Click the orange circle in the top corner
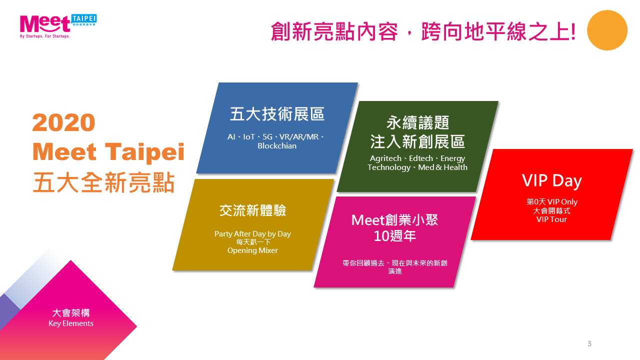(607, 30)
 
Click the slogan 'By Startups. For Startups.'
(45, 36)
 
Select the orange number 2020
(63, 122)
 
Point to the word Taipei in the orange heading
(144, 152)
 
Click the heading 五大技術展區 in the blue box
(277, 114)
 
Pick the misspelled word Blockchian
(277, 145)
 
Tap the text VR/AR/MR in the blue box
(299, 137)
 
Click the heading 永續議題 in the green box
(417, 123)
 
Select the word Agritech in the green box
(385, 158)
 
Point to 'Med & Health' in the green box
(442, 167)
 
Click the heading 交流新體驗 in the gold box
(253, 210)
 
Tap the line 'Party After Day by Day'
(252, 233)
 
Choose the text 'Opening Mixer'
(252, 250)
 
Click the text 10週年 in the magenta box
(394, 236)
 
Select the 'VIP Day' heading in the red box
(551, 180)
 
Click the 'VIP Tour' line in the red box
(551, 219)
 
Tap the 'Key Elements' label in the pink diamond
(71, 323)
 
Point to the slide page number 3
(589, 343)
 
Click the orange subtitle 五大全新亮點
(103, 182)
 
